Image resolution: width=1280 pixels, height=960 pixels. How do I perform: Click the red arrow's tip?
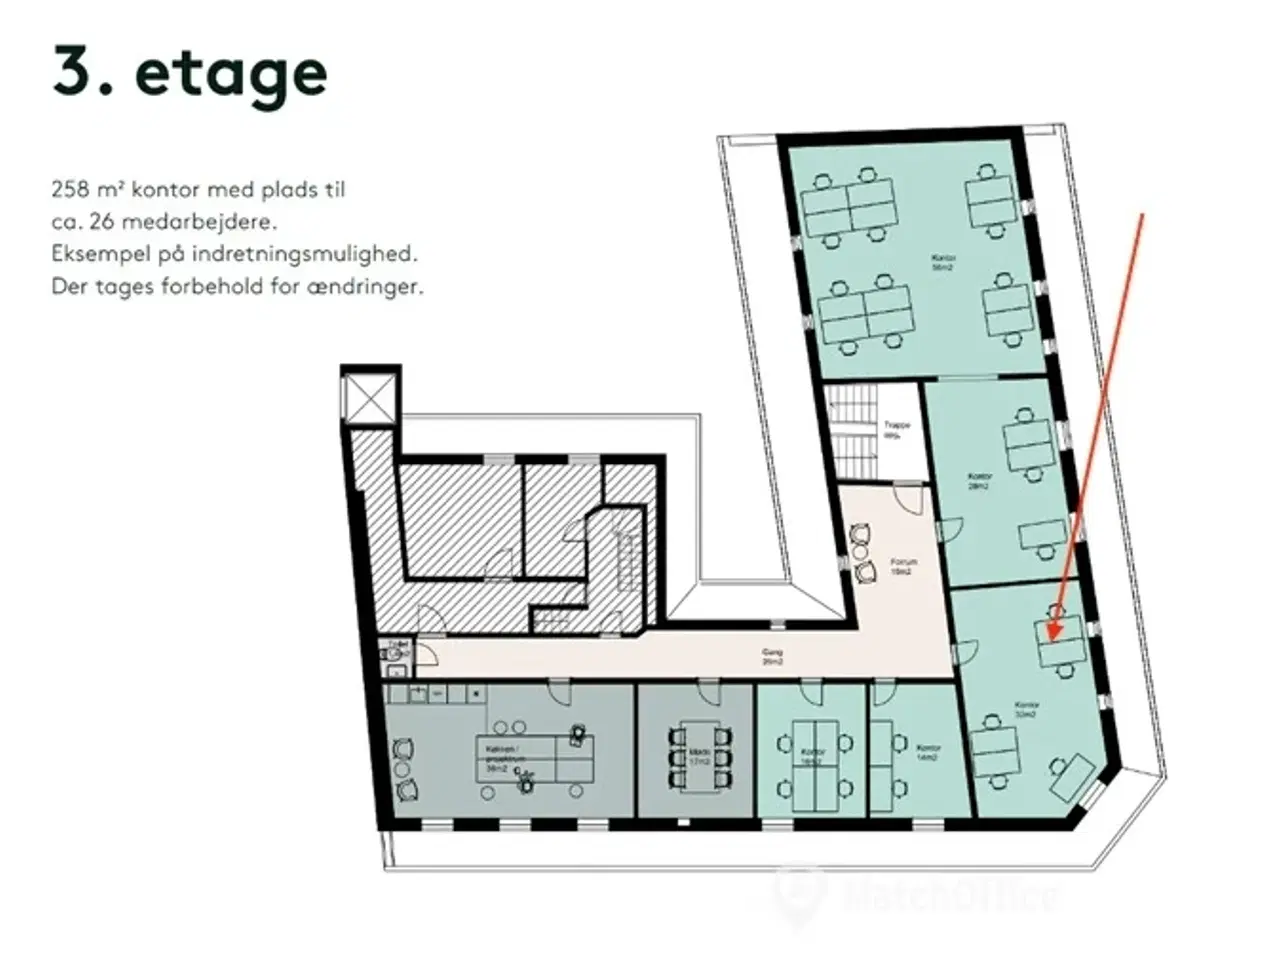tap(1048, 638)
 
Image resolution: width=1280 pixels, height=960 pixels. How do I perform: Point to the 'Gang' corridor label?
tap(771, 656)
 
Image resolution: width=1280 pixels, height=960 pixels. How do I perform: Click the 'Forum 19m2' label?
tap(903, 567)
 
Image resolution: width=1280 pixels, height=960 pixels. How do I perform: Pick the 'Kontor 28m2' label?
tap(980, 481)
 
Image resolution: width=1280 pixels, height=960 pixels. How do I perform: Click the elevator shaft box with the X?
tap(369, 399)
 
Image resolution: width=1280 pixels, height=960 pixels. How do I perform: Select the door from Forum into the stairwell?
tap(910, 497)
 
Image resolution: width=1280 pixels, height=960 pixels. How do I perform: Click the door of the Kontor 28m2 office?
tap(950, 530)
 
